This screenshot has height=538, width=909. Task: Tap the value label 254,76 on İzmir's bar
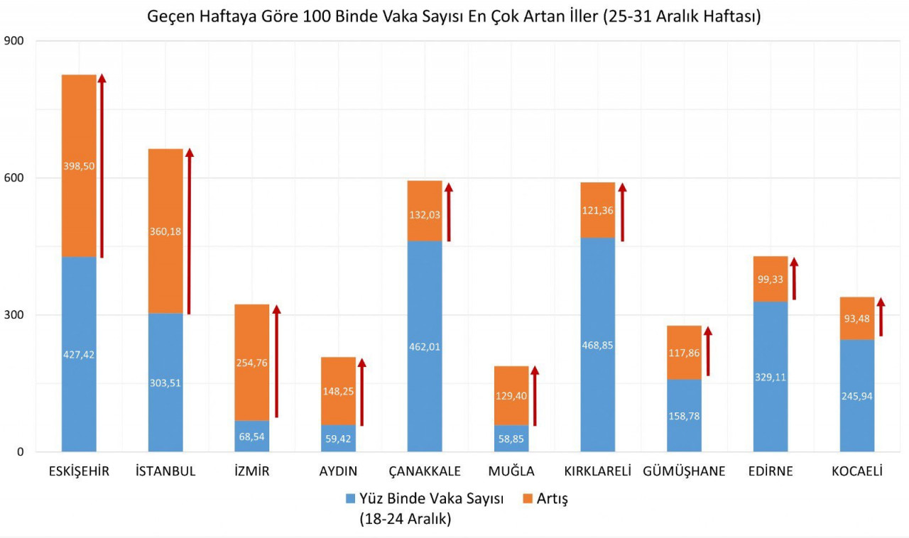tap(252, 363)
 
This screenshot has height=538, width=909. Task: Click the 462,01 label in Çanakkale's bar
tap(425, 347)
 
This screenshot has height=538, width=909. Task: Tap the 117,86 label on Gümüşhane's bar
tap(684, 352)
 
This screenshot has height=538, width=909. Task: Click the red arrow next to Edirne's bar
tap(794, 278)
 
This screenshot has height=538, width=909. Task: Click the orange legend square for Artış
tap(528, 499)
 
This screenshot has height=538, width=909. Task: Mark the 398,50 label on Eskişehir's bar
tap(79, 166)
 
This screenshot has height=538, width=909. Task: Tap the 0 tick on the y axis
tap(20, 452)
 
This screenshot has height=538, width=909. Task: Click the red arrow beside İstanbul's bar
tap(190, 231)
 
